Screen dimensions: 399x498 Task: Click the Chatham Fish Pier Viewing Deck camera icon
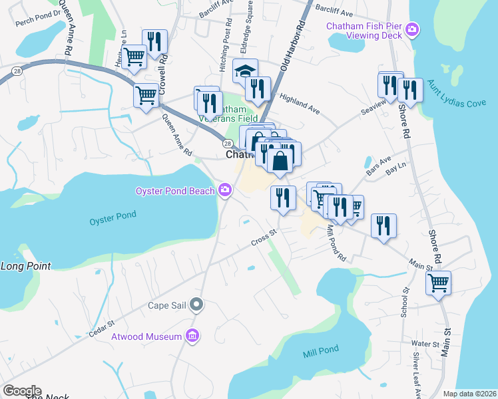point(413,29)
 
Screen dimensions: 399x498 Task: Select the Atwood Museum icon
point(194,336)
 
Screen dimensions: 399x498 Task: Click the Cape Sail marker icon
point(196,305)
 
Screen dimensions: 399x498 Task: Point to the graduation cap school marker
point(245,70)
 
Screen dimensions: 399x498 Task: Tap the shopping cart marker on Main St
point(438,283)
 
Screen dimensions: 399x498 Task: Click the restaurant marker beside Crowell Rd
point(155,41)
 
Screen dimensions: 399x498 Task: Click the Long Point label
point(25,266)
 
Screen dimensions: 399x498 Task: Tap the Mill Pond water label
point(321,349)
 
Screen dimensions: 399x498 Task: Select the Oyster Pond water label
point(113,215)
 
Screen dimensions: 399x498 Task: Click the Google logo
point(21,391)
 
